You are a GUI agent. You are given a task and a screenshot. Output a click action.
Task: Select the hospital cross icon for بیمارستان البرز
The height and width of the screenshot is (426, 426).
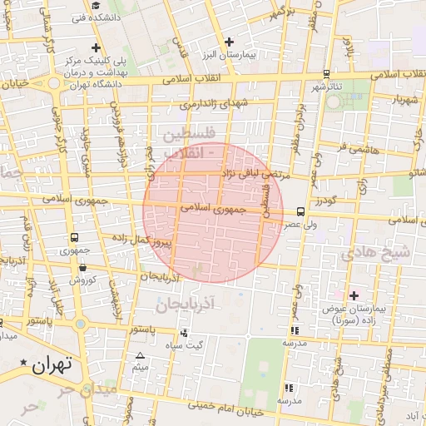(230, 42)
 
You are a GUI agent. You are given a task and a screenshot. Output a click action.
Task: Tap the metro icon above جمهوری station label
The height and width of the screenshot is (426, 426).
(76, 238)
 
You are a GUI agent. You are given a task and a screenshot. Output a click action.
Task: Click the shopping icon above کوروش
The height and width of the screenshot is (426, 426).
(83, 267)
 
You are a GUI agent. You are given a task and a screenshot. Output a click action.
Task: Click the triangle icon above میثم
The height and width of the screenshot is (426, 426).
(140, 355)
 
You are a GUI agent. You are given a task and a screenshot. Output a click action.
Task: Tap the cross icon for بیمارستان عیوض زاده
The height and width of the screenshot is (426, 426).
(354, 295)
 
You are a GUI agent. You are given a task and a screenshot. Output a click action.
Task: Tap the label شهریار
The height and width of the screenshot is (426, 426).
(396, 100)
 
